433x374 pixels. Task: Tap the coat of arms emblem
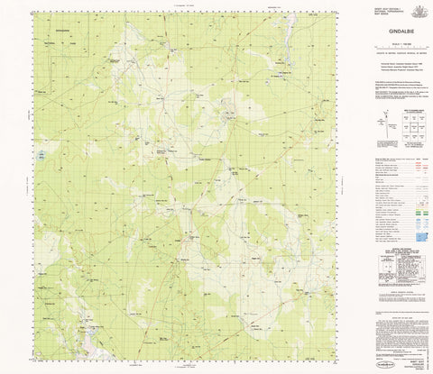click(x=416, y=11)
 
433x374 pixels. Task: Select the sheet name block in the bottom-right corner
click(x=410, y=356)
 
